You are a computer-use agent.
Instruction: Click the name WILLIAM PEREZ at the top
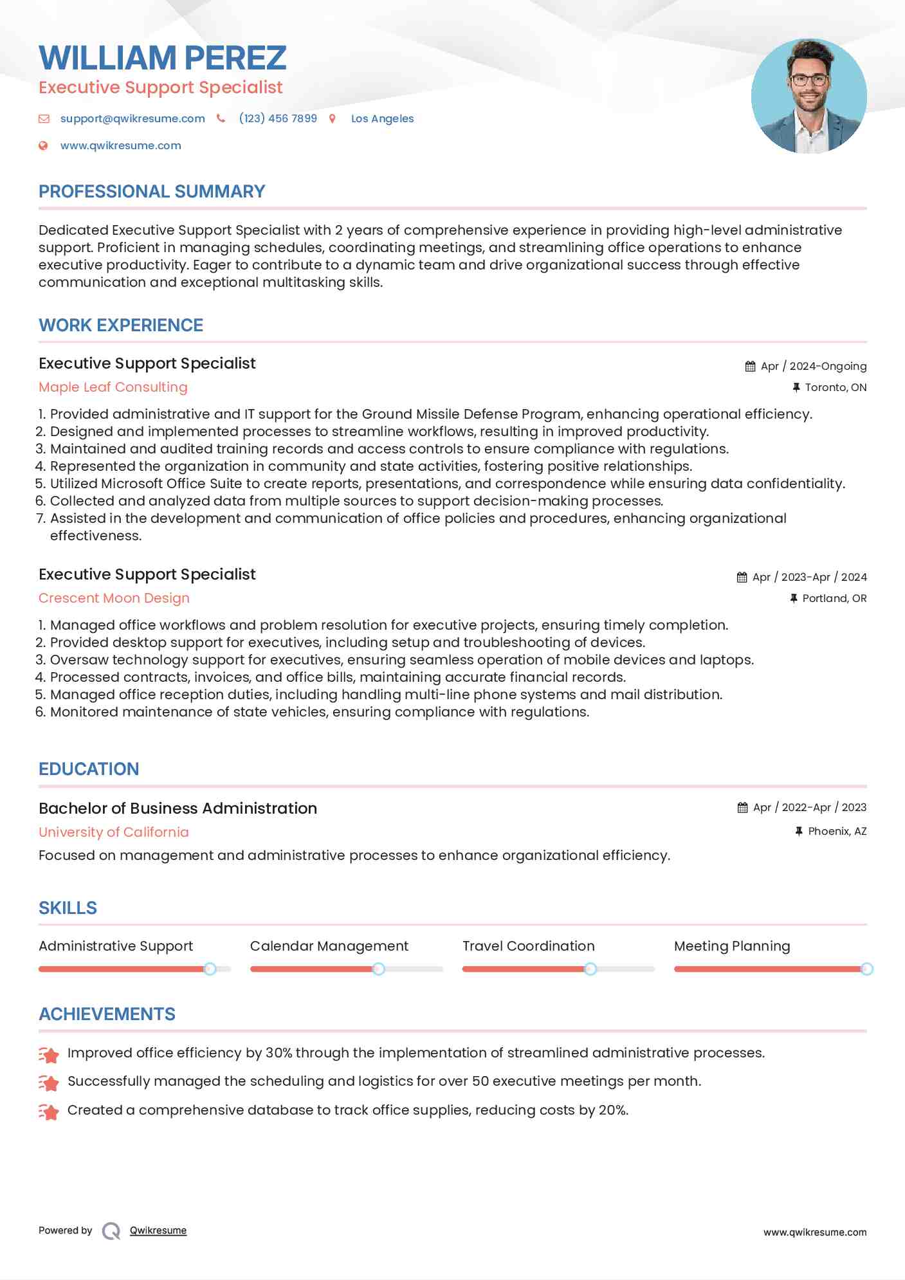click(x=162, y=58)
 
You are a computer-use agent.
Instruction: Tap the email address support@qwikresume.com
click(x=133, y=118)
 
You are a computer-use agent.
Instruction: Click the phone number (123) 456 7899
click(x=278, y=118)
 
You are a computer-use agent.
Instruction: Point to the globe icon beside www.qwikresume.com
click(x=43, y=146)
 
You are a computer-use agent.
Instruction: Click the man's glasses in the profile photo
click(x=809, y=80)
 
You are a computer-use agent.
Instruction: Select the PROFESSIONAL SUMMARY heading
click(x=152, y=192)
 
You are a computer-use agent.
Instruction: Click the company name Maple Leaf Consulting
click(x=113, y=387)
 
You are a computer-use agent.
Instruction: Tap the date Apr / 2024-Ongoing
click(x=813, y=366)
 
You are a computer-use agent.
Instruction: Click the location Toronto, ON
click(x=836, y=387)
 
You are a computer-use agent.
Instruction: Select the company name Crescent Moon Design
click(x=114, y=598)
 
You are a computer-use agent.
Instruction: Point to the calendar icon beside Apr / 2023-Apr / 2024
click(x=742, y=577)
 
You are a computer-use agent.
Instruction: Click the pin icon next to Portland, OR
click(x=794, y=598)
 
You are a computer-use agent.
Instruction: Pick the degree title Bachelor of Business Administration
click(x=178, y=809)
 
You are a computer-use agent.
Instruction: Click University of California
click(x=114, y=832)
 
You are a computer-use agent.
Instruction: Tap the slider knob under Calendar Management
click(x=379, y=969)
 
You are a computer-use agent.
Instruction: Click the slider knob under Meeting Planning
click(x=866, y=969)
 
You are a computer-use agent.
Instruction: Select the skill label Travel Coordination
click(x=528, y=946)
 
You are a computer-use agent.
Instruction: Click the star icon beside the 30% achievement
click(x=49, y=1054)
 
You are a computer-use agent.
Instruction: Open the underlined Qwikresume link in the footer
click(x=158, y=1230)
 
